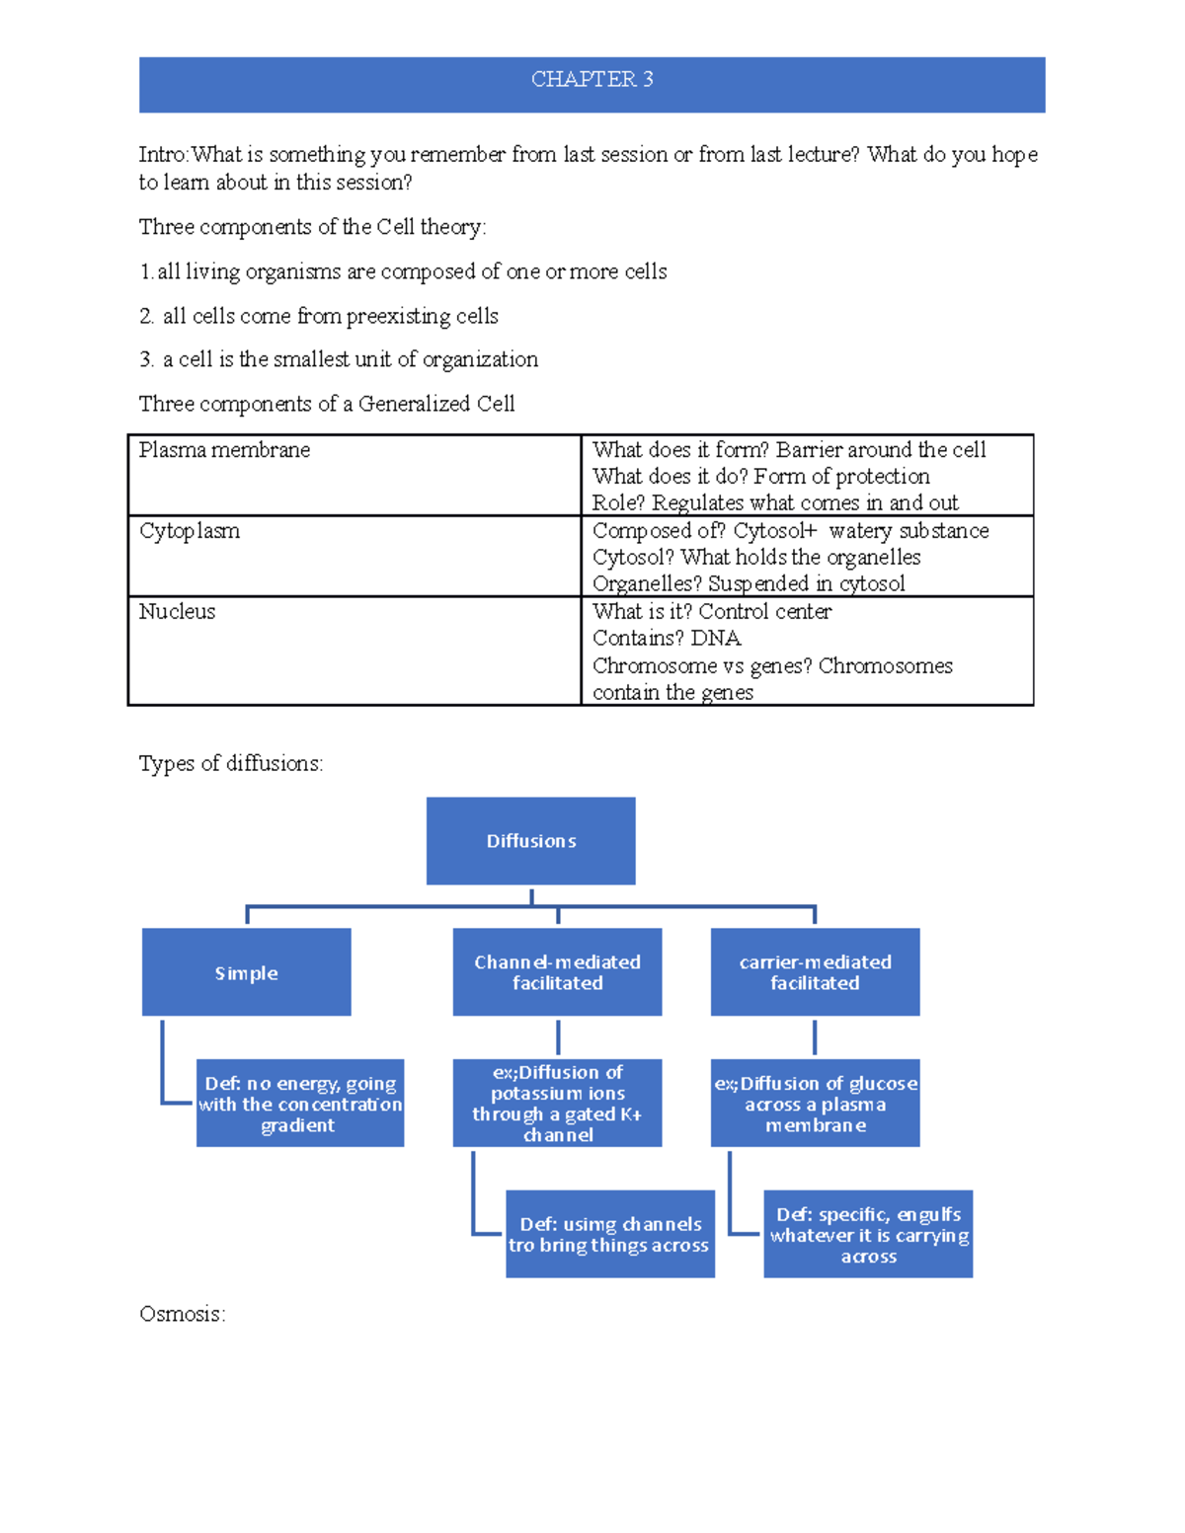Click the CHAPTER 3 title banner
pos(592,83)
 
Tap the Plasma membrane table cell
pos(354,475)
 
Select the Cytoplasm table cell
pos(354,556)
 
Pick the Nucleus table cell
pos(354,651)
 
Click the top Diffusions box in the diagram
pos(530,841)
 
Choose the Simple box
pos(246,972)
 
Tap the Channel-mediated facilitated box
pos(557,972)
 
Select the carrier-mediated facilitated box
pos(815,972)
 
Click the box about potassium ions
pos(557,1103)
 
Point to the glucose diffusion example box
pos(815,1103)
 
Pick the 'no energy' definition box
pos(299,1103)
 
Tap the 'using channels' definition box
pos(609,1234)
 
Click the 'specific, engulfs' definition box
pos(868,1234)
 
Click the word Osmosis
pos(182,1314)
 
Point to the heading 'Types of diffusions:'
pos(230,763)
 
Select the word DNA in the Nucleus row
pos(717,639)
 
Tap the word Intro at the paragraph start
pos(162,155)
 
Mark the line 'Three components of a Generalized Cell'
pos(326,404)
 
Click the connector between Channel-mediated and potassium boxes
pos(558,1037)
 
